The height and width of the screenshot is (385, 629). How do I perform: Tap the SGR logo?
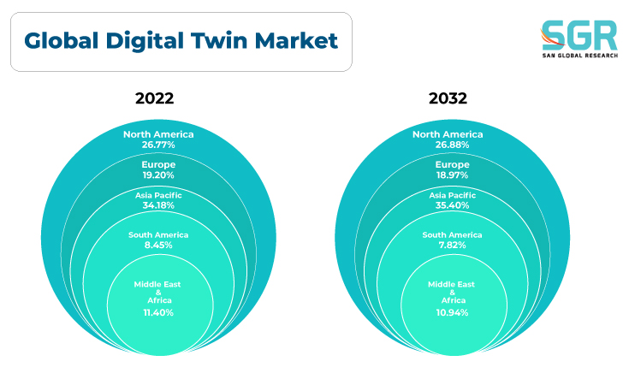pyautogui.click(x=579, y=38)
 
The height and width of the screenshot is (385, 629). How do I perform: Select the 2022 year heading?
pyautogui.click(x=154, y=98)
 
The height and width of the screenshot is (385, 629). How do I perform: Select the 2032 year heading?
pyautogui.click(x=448, y=98)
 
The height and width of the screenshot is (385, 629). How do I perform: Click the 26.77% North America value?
pyautogui.click(x=158, y=145)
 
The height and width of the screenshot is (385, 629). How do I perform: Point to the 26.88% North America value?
pyautogui.click(x=452, y=145)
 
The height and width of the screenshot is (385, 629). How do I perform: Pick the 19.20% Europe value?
pyautogui.click(x=158, y=175)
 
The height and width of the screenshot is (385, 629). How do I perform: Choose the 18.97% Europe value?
pyautogui.click(x=452, y=175)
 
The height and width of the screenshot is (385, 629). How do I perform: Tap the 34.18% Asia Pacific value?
pyautogui.click(x=158, y=205)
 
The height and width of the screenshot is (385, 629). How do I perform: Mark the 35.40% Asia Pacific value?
pyautogui.click(x=452, y=205)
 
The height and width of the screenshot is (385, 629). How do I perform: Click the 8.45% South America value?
pyautogui.click(x=158, y=245)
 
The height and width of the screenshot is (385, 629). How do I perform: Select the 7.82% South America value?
pyautogui.click(x=452, y=245)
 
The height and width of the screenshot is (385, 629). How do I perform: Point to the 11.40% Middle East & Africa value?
pyautogui.click(x=158, y=313)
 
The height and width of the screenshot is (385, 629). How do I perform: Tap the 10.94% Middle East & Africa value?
pyautogui.click(x=452, y=313)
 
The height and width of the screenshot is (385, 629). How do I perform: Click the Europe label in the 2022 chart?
pyautogui.click(x=158, y=165)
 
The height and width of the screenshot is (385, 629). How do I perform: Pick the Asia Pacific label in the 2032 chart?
pyautogui.click(x=453, y=195)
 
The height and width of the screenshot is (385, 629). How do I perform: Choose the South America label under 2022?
pyautogui.click(x=158, y=235)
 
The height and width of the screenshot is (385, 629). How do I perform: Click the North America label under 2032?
pyautogui.click(x=448, y=134)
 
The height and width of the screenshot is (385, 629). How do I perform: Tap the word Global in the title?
pyautogui.click(x=62, y=41)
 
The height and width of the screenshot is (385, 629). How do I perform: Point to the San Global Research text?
pyautogui.click(x=580, y=56)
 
